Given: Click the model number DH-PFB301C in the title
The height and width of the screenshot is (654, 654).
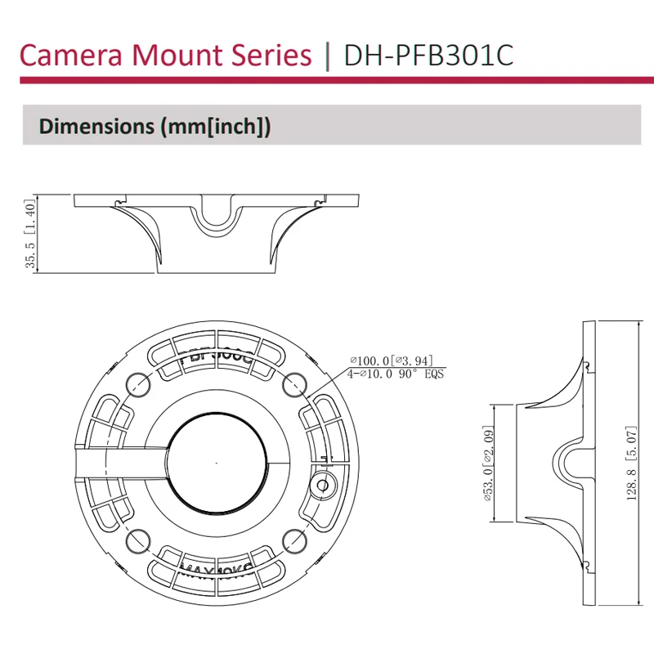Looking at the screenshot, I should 430,56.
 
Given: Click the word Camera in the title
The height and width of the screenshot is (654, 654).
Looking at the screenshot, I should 68,56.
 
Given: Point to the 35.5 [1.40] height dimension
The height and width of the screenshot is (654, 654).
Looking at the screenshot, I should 30,234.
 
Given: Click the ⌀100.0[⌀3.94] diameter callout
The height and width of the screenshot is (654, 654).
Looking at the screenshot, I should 391,361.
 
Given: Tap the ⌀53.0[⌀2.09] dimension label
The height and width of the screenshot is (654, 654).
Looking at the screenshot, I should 487,463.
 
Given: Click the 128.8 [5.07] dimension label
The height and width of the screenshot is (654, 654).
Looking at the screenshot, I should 631,463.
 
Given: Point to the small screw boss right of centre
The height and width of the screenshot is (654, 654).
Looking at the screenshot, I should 323,484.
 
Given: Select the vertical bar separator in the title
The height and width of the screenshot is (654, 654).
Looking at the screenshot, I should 328,56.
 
